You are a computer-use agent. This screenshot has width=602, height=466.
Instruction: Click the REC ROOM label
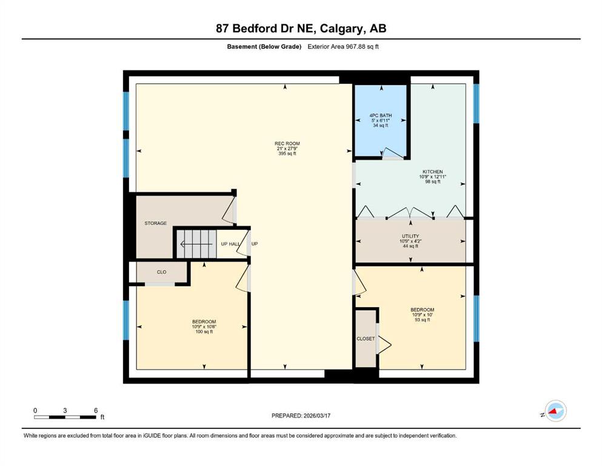(x=287, y=144)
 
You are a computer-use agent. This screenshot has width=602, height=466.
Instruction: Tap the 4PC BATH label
(x=381, y=115)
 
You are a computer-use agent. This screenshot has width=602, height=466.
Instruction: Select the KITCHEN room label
(x=433, y=172)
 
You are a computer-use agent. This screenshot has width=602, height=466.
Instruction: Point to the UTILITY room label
(x=410, y=236)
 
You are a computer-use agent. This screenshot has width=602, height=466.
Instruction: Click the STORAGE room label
(x=155, y=223)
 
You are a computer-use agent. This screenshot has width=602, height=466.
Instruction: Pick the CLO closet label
(x=162, y=272)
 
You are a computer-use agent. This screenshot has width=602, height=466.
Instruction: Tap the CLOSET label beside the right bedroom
(x=366, y=339)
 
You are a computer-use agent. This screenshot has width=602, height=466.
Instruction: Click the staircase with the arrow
(x=196, y=244)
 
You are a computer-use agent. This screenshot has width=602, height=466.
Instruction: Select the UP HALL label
(x=230, y=244)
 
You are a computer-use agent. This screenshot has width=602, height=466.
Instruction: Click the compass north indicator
(x=555, y=411)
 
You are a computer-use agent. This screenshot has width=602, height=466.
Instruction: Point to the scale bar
(x=65, y=417)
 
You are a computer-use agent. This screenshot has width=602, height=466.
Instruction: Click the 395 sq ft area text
(x=287, y=154)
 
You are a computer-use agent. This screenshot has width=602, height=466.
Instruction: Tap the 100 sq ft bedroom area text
(x=204, y=331)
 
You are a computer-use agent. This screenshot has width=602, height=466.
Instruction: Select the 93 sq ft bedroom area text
(x=423, y=320)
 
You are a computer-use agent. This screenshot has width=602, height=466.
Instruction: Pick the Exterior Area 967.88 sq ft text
(x=343, y=47)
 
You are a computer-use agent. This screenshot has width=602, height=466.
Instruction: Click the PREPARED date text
(x=301, y=416)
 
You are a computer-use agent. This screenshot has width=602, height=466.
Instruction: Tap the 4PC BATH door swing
(x=392, y=153)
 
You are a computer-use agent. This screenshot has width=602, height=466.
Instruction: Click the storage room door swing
(x=229, y=209)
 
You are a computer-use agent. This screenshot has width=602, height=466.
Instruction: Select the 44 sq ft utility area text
(x=410, y=246)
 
